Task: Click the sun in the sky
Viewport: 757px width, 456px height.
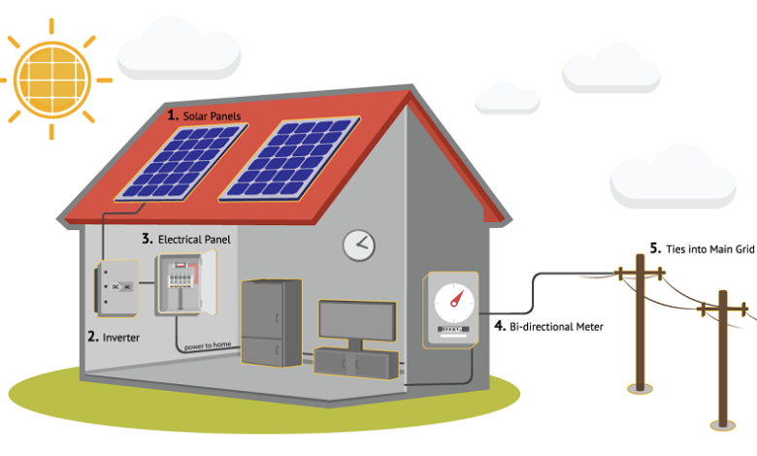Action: (x=52, y=80)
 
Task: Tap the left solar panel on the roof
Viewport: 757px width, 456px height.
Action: (x=181, y=162)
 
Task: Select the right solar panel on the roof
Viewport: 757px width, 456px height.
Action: (x=289, y=158)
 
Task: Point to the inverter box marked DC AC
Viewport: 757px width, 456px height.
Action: (x=116, y=288)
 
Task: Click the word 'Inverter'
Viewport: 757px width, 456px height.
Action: (x=120, y=338)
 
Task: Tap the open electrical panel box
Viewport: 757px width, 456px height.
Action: (x=185, y=284)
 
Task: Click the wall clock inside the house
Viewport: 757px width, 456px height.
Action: (x=359, y=245)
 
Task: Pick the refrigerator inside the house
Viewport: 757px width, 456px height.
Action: (x=272, y=322)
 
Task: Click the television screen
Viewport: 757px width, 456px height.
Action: (x=357, y=320)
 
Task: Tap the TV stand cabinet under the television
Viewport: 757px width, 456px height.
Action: (x=356, y=363)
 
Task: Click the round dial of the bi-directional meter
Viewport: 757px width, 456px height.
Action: (x=454, y=303)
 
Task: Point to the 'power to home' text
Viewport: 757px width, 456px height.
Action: (x=208, y=345)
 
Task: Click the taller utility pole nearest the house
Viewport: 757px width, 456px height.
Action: (x=641, y=323)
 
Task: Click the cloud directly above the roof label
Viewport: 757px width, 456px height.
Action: (x=180, y=49)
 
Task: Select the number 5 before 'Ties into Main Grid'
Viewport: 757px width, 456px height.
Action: (x=655, y=248)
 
